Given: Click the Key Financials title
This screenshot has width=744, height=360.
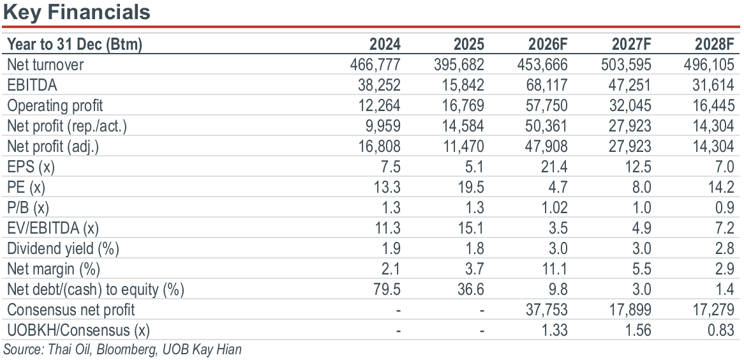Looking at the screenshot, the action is coord(77,12).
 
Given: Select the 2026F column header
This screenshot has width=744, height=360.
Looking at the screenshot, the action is coord(547,44).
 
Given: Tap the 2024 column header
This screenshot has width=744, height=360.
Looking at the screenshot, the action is coord(385,44).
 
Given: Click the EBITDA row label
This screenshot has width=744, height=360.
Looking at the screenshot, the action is coord(32,85).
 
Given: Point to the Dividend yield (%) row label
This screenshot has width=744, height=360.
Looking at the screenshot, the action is coord(63,248).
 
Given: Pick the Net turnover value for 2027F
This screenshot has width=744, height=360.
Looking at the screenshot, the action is coord(626,64).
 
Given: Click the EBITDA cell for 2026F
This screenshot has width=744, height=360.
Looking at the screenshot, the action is coord(547,85).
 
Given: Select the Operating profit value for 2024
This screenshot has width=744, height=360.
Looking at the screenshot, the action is coord(380,105).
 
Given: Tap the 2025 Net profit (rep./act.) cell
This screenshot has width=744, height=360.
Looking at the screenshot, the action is coord(464,126).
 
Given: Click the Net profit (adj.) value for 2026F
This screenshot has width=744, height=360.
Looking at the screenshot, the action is coord(547,146).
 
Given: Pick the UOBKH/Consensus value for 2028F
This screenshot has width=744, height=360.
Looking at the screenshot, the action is coord(720,330).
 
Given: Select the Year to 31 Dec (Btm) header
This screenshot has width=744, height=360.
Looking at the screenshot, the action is coord(75,45).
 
